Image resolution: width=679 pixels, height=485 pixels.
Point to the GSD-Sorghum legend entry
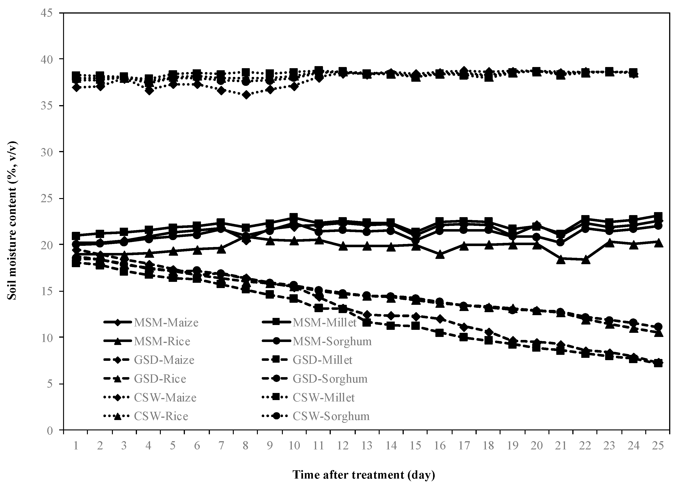pos(330,379)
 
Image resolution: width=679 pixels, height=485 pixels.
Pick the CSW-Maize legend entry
pos(165,398)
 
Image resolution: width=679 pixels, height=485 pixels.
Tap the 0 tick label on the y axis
pos(50,431)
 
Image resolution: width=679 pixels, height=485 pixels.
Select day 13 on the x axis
pos(367,446)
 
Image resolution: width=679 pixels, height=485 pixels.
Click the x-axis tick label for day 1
pos(76,446)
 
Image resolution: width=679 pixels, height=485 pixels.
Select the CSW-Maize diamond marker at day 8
pos(246,95)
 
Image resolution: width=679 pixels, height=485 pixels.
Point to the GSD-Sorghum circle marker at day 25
pos(658,327)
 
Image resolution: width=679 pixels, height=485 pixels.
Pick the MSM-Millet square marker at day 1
pos(76,236)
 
